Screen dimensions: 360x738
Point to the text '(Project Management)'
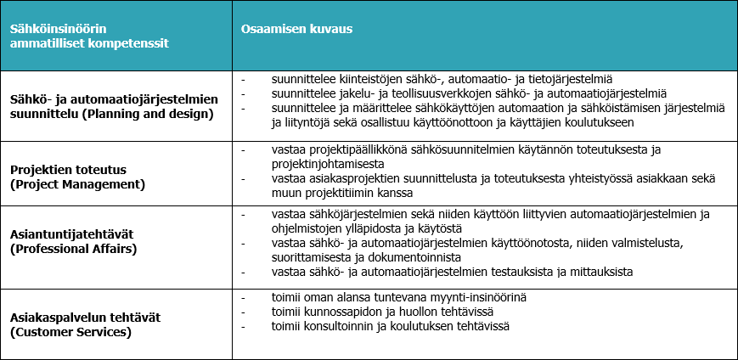tap(77, 183)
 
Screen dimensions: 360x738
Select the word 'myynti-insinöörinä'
tap(477, 298)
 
